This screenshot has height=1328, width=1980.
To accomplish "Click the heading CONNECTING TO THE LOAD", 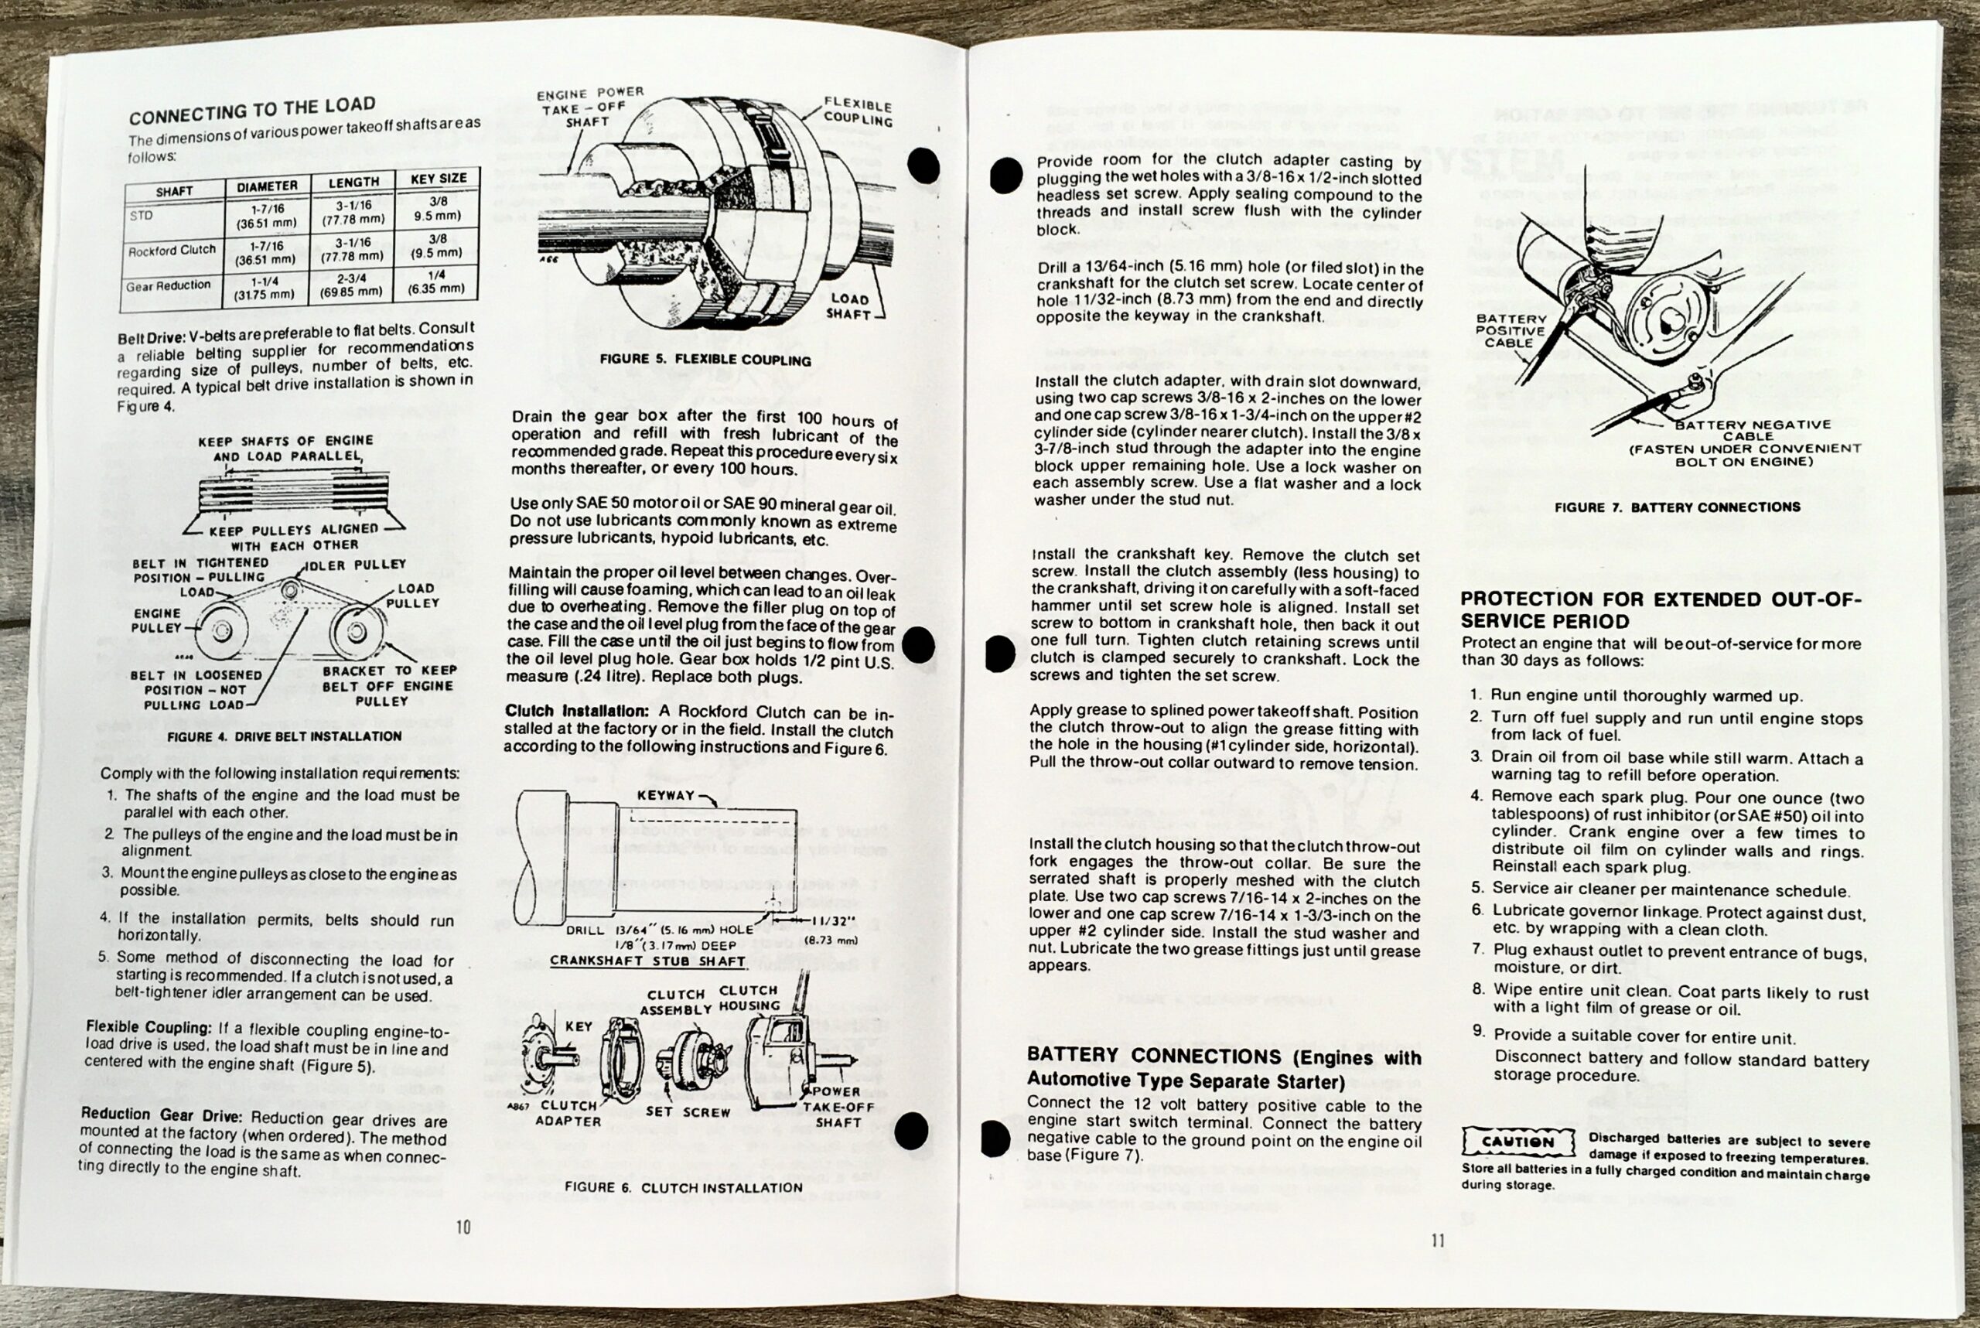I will (x=251, y=110).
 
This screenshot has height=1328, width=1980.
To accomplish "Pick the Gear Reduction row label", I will (x=168, y=286).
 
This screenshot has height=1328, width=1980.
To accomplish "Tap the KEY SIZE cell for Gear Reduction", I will (x=436, y=282).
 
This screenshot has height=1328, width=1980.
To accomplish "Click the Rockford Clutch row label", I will (x=172, y=251).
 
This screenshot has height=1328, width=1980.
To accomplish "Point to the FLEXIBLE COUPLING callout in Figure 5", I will (x=857, y=112).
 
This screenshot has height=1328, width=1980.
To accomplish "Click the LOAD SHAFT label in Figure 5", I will (x=848, y=306).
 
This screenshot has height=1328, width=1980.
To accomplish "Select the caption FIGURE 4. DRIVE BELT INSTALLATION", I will (x=284, y=737).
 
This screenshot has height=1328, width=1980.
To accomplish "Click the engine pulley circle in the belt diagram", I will (x=222, y=631).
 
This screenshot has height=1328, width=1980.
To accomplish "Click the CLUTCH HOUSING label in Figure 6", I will (x=749, y=998).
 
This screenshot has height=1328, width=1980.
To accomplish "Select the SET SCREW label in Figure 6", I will (x=688, y=1112).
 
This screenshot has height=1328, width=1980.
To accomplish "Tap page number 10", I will (x=463, y=1227).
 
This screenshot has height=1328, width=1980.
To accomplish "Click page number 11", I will (x=1437, y=1241).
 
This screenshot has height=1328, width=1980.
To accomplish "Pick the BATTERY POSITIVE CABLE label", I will (x=1511, y=331).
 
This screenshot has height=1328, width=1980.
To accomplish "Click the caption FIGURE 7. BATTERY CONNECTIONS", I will (x=1677, y=507).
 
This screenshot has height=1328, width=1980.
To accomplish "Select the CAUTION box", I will (x=1517, y=1142).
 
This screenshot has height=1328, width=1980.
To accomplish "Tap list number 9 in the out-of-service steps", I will (x=1478, y=1033).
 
